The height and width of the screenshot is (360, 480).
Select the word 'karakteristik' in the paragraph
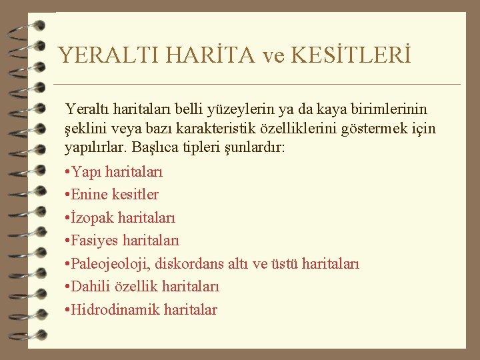pyautogui.click(x=229, y=127)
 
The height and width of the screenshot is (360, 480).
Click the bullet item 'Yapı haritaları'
pyautogui.click(x=117, y=172)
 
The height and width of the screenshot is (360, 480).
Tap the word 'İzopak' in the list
pyautogui.click(x=93, y=218)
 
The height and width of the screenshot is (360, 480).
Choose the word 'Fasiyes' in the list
pyautogui.click(x=97, y=241)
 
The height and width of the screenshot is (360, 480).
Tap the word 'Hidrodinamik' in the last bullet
pyautogui.click(x=110, y=310)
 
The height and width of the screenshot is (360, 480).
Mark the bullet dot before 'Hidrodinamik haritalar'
pyautogui.click(x=68, y=310)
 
